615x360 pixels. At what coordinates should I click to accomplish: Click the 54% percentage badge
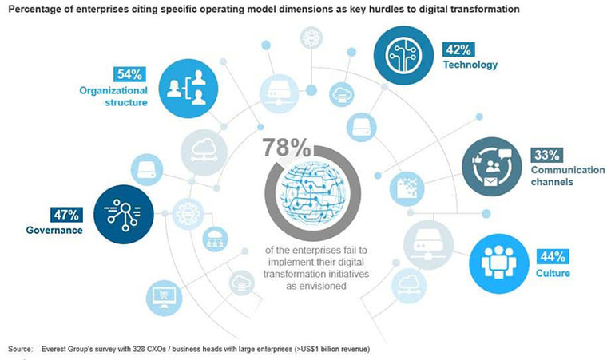click(129, 75)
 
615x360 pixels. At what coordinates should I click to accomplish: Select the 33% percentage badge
click(547, 154)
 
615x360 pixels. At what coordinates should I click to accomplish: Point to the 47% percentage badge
click(67, 214)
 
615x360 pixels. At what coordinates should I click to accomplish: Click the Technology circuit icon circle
click(403, 55)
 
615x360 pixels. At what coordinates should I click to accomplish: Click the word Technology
click(470, 65)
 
